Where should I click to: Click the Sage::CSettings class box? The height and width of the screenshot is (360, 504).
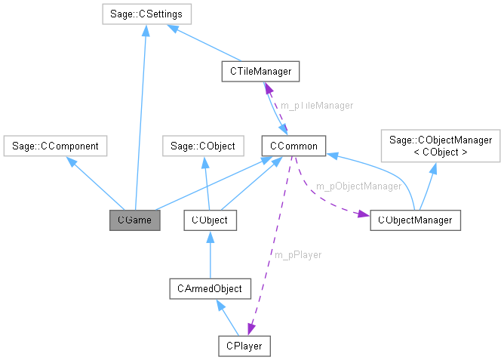[x=147, y=14]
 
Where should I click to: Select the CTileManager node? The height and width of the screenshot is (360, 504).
[x=261, y=71]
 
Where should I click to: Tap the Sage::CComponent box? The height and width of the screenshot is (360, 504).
[x=54, y=145]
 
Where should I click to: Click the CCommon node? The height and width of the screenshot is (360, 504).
[x=293, y=145]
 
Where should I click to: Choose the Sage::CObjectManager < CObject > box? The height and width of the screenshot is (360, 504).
[x=440, y=146]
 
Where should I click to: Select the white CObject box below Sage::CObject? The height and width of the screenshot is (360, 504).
[x=211, y=220]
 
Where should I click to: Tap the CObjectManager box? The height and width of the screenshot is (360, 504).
[x=415, y=220]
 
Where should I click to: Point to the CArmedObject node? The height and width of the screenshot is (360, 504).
[x=210, y=288]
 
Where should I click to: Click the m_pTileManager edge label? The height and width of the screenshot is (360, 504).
[x=316, y=106]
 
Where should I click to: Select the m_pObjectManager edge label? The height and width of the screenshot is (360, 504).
[x=358, y=186]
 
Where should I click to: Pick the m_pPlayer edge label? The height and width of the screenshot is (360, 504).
[x=297, y=254]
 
